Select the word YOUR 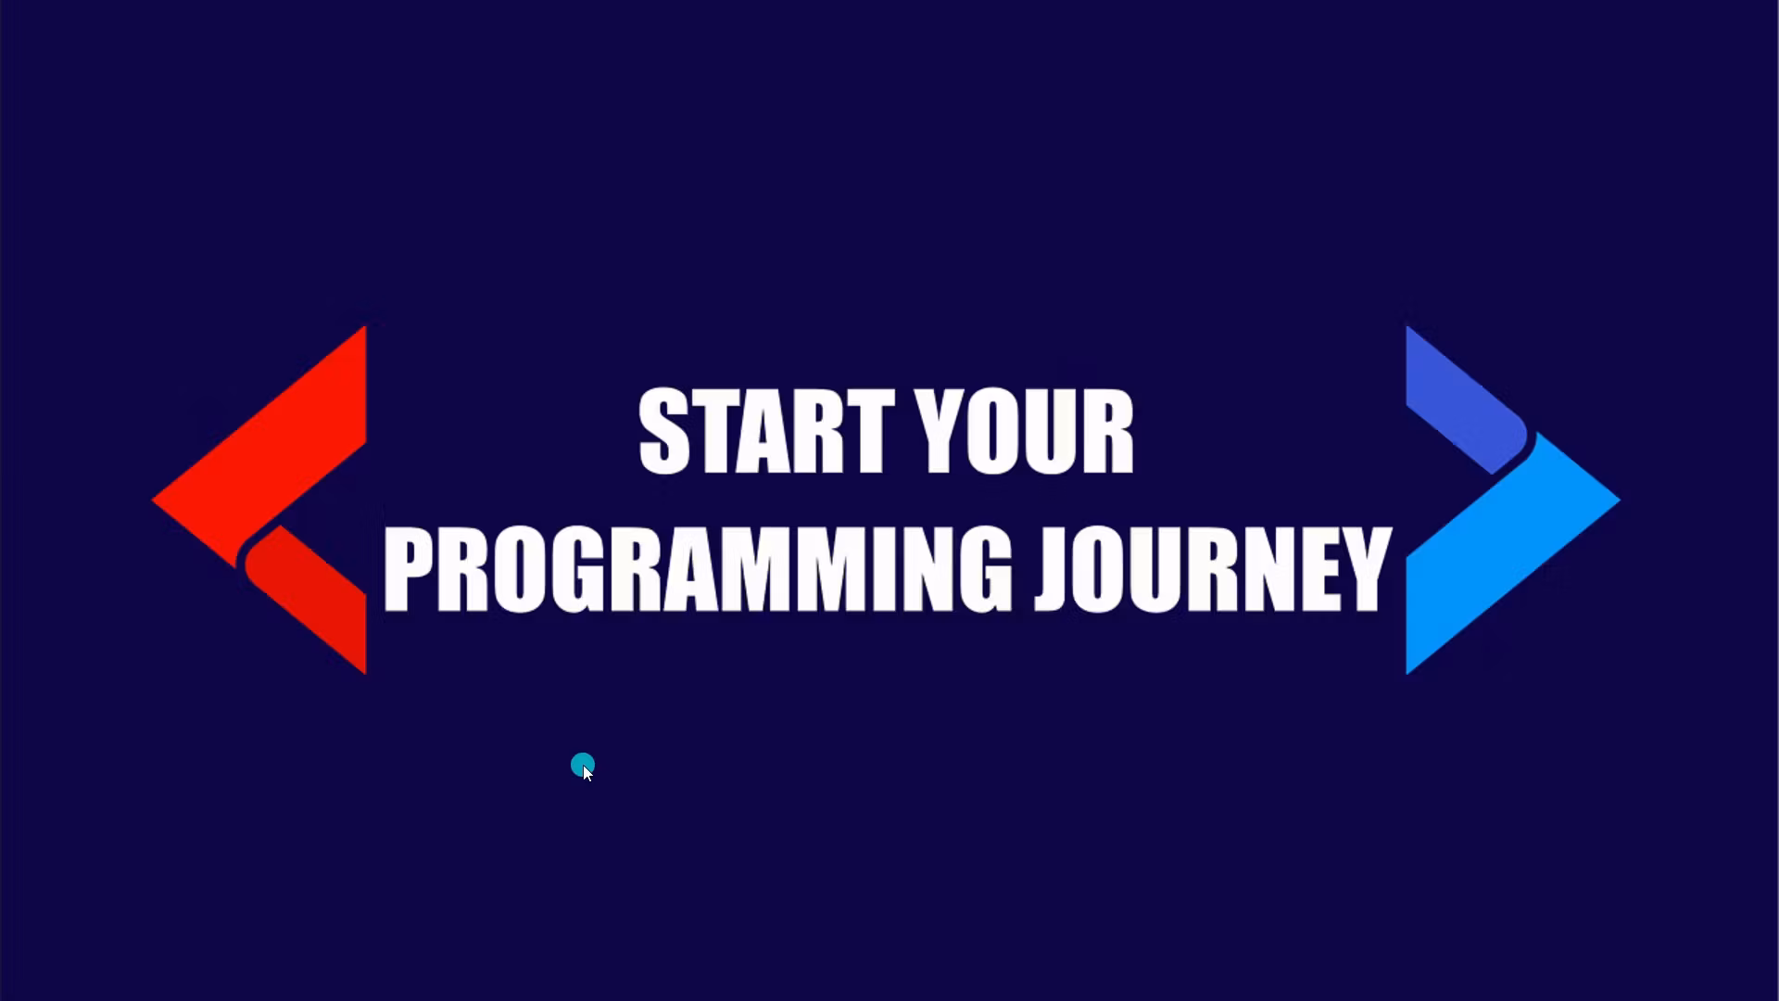[1024, 432]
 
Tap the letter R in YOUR [1106, 432]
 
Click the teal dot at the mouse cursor [581, 765]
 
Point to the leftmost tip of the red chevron [155, 500]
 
